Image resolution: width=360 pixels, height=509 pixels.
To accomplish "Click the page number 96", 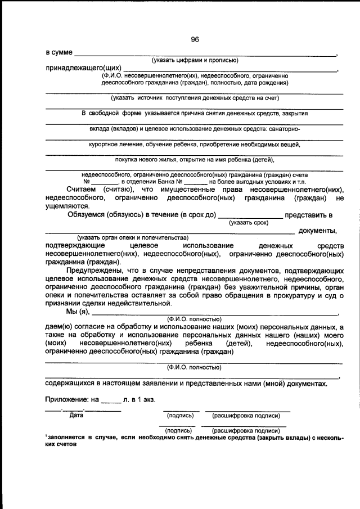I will (195, 39).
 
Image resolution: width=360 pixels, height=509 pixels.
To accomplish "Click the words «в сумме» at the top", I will (59, 52).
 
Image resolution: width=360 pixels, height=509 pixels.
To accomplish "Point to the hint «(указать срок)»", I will (249, 223).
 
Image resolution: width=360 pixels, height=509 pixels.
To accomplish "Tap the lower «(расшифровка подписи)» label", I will (245, 430).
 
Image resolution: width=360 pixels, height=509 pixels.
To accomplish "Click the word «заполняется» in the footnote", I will (66, 436).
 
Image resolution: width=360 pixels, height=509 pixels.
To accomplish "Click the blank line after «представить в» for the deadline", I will (249, 215).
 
